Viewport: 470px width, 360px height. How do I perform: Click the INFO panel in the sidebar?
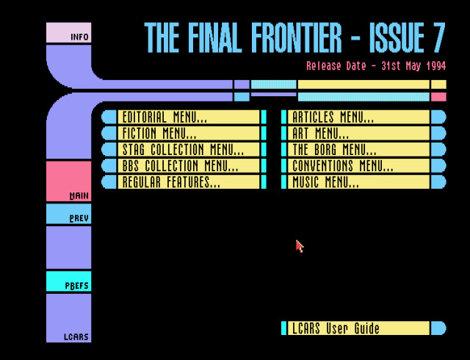click(x=69, y=33)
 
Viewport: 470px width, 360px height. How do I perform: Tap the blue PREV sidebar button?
click(x=69, y=214)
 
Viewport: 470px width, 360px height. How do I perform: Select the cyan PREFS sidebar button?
click(x=69, y=281)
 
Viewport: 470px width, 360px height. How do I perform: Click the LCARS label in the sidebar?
click(x=76, y=337)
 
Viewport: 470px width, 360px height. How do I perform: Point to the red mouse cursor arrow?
click(x=299, y=245)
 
